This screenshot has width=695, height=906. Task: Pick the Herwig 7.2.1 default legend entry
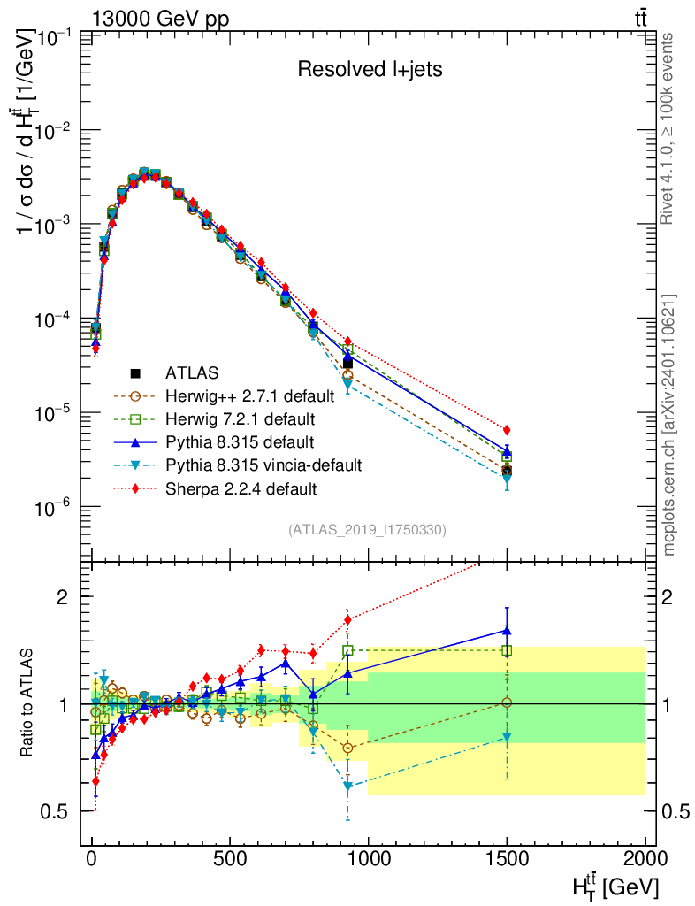[x=240, y=418]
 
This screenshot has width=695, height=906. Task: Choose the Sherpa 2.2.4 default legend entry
[x=241, y=487]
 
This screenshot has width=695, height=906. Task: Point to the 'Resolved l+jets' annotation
[x=370, y=69]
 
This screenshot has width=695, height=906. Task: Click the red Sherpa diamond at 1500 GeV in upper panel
[x=507, y=430]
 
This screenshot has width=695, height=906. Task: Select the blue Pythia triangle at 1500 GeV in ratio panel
[x=507, y=631]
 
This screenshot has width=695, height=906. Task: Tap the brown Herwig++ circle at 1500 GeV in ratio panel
[x=507, y=703]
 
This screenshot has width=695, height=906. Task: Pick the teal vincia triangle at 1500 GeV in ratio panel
[x=507, y=737]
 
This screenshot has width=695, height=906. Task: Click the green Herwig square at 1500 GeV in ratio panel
[x=507, y=650]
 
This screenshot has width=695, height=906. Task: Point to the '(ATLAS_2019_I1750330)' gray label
[x=367, y=530]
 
